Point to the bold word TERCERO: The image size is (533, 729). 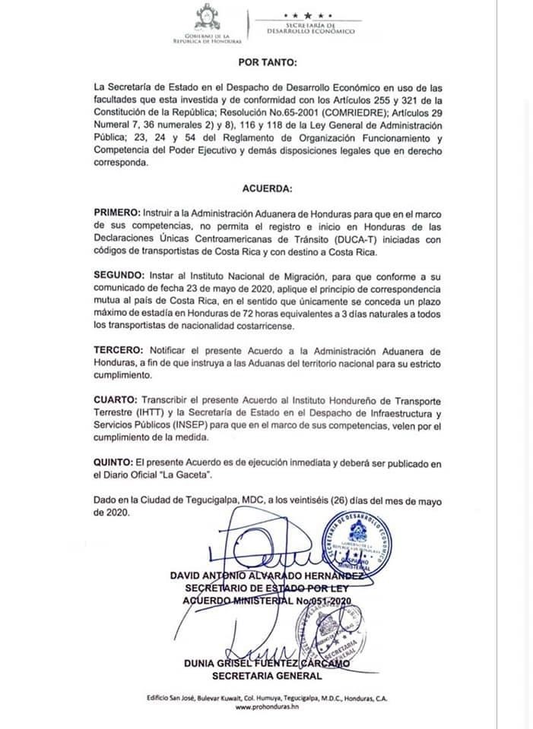coord(119,352)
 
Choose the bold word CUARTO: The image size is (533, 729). coord(116,399)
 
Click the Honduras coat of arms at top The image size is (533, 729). coord(207,17)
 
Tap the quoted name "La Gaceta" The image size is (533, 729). coord(173,475)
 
